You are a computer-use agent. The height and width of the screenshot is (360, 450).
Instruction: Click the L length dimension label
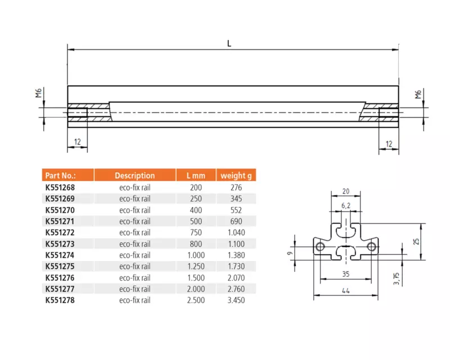(229, 44)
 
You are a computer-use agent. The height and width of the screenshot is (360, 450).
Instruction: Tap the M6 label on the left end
(39, 93)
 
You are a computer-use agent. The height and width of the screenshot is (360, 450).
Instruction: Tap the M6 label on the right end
(418, 94)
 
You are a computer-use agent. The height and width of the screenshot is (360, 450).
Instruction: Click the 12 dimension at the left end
(78, 142)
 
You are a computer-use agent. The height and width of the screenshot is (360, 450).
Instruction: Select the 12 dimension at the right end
(389, 144)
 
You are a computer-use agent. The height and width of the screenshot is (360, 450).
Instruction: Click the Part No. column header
(60, 175)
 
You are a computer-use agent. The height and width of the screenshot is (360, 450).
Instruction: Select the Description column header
(134, 175)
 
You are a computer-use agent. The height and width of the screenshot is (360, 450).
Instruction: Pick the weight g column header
(236, 175)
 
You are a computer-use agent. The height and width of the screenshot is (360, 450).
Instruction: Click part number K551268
(60, 187)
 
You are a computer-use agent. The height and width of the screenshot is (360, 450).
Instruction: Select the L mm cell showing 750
(196, 232)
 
